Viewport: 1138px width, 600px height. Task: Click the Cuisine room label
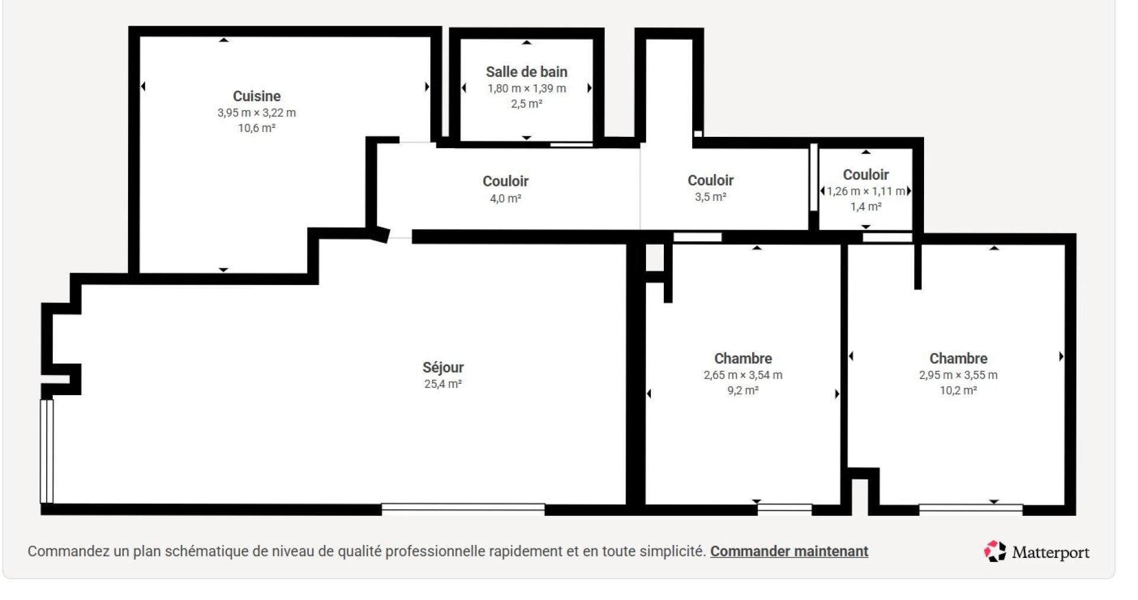[256, 96]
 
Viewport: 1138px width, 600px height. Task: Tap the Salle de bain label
[526, 72]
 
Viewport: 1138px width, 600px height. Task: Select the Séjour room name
[443, 367]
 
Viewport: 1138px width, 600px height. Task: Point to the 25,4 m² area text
[443, 384]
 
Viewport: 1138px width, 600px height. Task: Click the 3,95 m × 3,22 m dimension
[256, 113]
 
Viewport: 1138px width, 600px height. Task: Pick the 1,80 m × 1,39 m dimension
[526, 88]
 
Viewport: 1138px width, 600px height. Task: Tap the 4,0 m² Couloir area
[505, 198]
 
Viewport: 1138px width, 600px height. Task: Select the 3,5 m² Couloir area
[710, 197]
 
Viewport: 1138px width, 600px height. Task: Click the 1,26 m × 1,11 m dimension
[865, 191]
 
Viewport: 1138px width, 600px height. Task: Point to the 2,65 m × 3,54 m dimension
[743, 375]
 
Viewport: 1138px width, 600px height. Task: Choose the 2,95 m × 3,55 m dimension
[958, 375]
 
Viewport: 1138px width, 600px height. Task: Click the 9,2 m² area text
[743, 390]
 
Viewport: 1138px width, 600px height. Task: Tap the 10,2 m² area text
[958, 390]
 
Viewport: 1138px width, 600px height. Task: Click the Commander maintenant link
[789, 551]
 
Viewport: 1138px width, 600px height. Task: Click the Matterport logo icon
[995, 551]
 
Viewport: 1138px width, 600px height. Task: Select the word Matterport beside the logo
[1050, 553]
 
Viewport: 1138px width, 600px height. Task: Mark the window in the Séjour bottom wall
[463, 509]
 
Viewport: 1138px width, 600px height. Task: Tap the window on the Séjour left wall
[47, 451]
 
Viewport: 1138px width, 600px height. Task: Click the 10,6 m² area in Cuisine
[256, 128]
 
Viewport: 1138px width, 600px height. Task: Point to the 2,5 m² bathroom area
[526, 104]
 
